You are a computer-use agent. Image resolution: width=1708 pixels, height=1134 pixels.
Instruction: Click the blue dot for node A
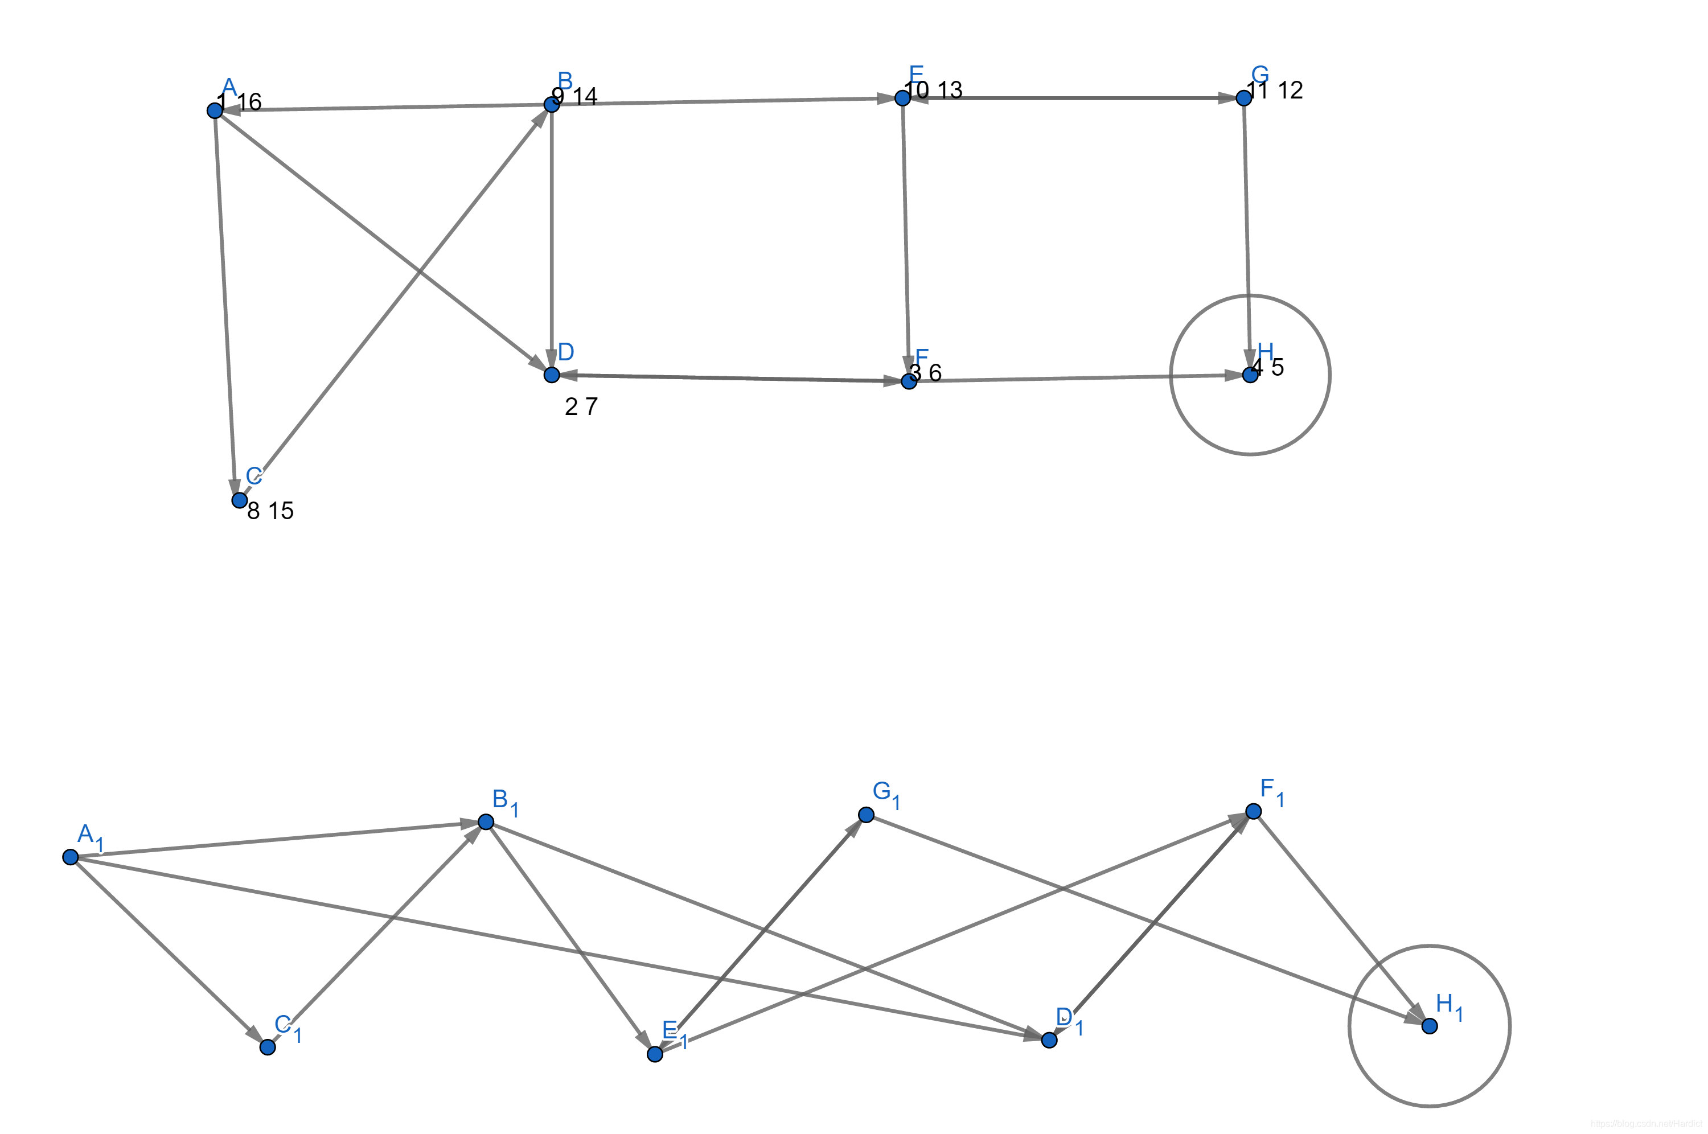tap(215, 110)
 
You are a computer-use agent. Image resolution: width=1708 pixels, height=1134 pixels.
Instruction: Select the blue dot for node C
tap(239, 500)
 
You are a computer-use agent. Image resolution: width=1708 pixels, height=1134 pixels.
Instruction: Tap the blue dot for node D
tap(552, 375)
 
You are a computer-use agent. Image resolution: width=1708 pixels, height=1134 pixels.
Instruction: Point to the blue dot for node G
tap(1244, 98)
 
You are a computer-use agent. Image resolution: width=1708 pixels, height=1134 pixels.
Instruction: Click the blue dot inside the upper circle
tap(1250, 375)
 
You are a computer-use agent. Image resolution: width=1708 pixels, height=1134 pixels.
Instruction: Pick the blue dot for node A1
tap(70, 857)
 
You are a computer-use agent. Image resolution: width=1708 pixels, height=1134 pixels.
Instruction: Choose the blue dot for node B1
tap(486, 821)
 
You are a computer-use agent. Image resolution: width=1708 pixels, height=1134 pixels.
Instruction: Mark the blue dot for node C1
tap(268, 1047)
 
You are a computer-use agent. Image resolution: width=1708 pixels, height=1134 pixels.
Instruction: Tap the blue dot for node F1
tap(1254, 811)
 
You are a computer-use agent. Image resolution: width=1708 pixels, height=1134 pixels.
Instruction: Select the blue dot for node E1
tap(655, 1054)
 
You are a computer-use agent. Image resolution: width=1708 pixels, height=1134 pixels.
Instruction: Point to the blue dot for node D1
tap(1049, 1040)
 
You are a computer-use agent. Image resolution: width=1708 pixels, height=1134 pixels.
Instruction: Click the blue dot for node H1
tap(1430, 1026)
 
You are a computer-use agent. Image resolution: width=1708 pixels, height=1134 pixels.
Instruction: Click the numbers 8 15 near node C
tap(270, 511)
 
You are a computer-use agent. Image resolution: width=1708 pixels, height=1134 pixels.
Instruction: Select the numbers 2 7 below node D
tap(581, 407)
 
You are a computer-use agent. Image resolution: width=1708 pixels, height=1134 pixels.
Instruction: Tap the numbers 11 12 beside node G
tap(1275, 91)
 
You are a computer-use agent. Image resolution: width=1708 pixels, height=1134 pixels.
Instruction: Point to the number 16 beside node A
tap(249, 102)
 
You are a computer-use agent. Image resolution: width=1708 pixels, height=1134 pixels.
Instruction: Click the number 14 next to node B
tap(585, 96)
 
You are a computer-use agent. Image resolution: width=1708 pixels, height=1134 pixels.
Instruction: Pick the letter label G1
tap(886, 794)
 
